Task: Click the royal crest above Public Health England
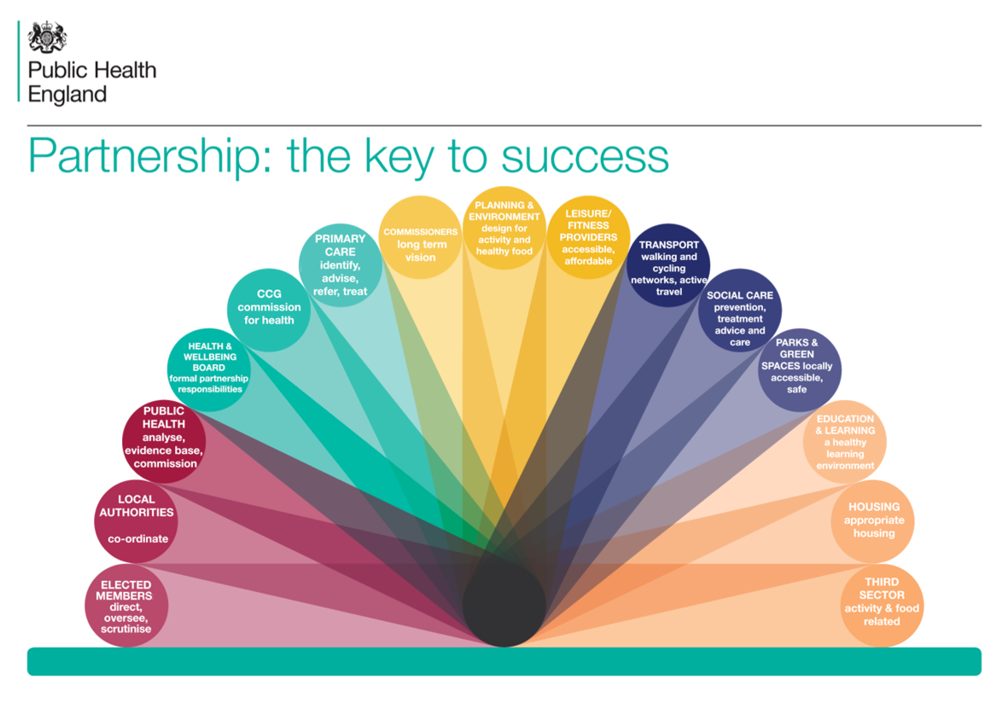(47, 37)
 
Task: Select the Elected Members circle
(126, 605)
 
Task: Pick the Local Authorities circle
(136, 521)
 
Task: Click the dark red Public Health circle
(164, 441)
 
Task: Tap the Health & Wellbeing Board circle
(209, 369)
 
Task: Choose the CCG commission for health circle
(269, 310)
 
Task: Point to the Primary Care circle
(341, 265)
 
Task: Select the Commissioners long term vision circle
(421, 237)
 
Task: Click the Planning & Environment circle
(504, 228)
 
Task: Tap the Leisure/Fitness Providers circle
(589, 237)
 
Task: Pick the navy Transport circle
(668, 265)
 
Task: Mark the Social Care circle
(740, 310)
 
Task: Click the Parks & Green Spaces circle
(800, 369)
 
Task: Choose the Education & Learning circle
(845, 441)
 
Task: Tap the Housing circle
(873, 521)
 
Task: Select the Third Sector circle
(882, 605)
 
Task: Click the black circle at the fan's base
(504, 605)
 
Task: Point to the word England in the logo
(67, 96)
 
